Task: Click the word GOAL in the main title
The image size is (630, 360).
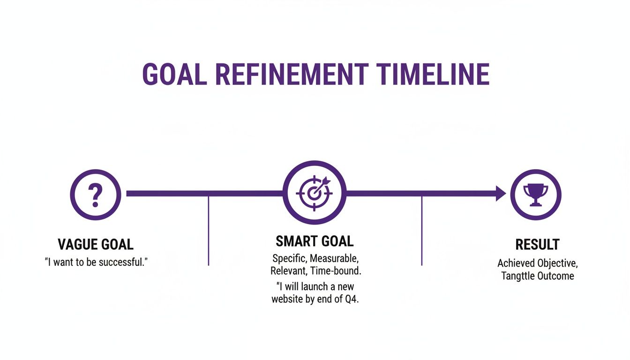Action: [174, 74]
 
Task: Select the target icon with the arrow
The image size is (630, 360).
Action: [315, 193]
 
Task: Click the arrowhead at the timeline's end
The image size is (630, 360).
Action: [501, 193]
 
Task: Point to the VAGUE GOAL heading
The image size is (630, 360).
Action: [96, 244]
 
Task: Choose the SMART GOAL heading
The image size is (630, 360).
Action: [315, 241]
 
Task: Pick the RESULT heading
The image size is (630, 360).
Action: [537, 244]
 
